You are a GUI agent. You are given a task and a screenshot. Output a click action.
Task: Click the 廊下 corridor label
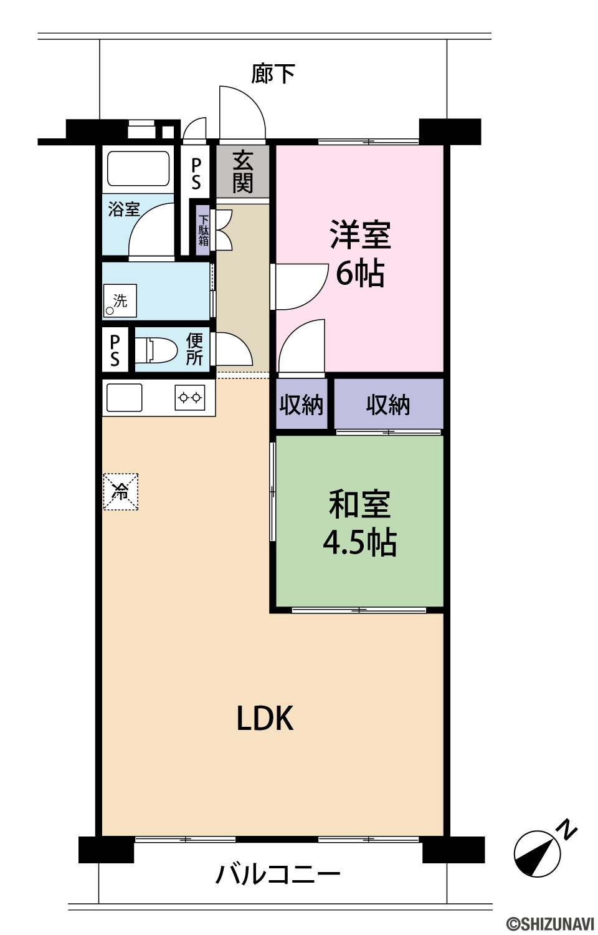(273, 74)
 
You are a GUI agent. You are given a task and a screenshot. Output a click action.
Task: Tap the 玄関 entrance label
(242, 171)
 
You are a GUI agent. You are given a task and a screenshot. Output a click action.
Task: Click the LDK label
(265, 718)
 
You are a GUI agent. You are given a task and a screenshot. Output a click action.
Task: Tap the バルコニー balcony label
(278, 874)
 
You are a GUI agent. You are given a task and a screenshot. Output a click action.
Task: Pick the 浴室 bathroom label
(124, 209)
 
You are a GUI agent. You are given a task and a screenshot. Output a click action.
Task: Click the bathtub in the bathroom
(138, 168)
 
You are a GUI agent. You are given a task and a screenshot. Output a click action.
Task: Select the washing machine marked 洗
(120, 300)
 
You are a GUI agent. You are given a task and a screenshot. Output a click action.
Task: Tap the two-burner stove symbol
(190, 398)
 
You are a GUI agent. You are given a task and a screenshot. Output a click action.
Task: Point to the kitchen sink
(124, 398)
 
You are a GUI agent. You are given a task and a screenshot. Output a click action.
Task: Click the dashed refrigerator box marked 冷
(120, 491)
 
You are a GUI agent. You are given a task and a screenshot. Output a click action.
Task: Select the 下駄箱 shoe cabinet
(203, 231)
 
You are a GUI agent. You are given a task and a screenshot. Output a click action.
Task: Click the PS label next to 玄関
(196, 174)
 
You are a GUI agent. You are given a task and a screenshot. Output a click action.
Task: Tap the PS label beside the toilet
(115, 350)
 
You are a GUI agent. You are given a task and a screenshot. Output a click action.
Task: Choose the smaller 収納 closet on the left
(301, 404)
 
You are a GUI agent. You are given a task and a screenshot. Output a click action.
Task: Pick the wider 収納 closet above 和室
(388, 404)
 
